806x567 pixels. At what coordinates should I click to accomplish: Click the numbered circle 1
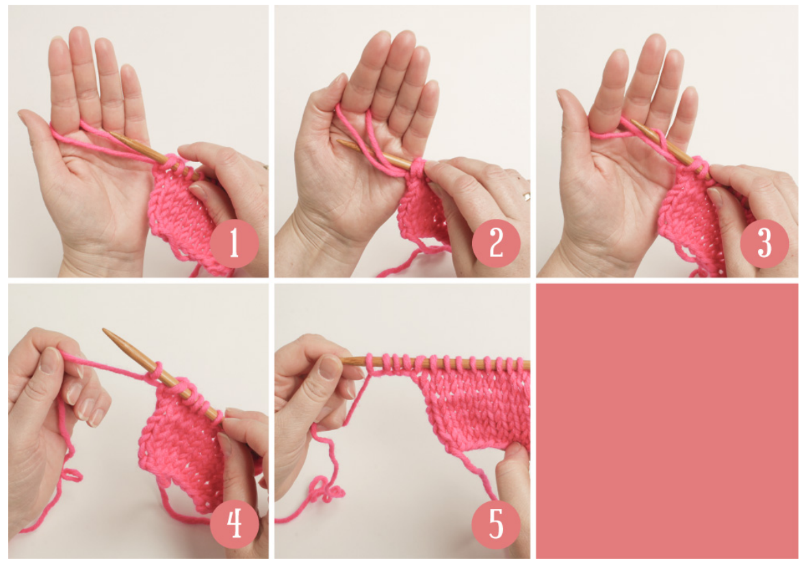pos(235,243)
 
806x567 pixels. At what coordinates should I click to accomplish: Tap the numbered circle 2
pos(496,243)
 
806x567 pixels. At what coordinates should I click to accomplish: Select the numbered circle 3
pos(764,243)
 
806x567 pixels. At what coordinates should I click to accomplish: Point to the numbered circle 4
pos(235,524)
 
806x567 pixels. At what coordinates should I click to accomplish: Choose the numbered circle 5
pos(496,524)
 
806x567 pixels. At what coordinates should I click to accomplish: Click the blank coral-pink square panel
pos(666,421)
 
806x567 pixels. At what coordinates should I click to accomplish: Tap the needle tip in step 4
pos(104,330)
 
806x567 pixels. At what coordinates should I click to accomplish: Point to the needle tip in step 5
pos(343,360)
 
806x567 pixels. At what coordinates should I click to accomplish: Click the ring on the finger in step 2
pos(526,196)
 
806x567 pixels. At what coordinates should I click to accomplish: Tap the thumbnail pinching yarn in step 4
pos(51,360)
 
